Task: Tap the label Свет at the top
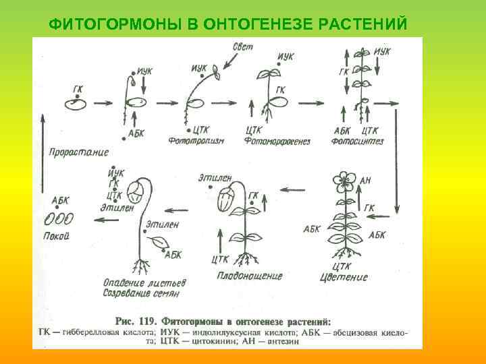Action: pyautogui.click(x=242, y=48)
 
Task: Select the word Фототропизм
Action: pyautogui.click(x=197, y=140)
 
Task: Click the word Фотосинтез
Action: pyautogui.click(x=358, y=141)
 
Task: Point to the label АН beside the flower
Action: pyautogui.click(x=365, y=180)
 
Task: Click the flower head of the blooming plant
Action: pyautogui.click(x=345, y=181)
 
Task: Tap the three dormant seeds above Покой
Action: pyautogui.click(x=59, y=219)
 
